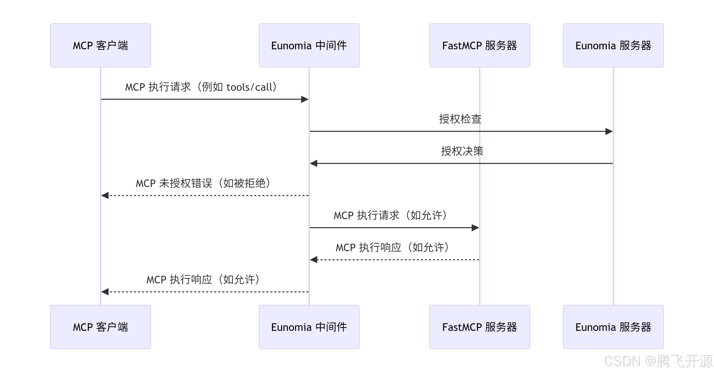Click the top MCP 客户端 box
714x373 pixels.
coord(100,45)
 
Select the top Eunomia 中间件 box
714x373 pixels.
coord(309,45)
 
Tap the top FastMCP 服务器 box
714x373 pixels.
coord(479,45)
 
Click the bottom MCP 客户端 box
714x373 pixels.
coord(100,327)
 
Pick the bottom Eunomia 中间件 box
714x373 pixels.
coord(309,327)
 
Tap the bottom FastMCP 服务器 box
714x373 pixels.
coord(479,327)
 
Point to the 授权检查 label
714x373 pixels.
coord(460,119)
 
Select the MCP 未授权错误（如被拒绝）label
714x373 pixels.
coord(203,183)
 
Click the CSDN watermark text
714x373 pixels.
coord(658,361)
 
